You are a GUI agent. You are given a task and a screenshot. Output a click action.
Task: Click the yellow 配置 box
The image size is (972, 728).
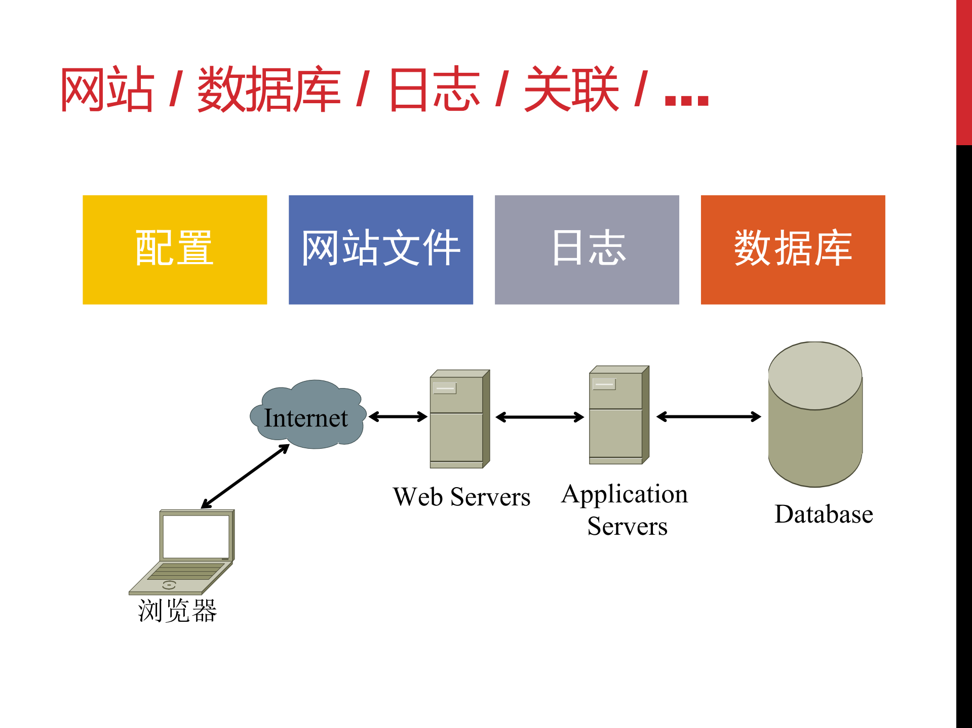[x=175, y=249]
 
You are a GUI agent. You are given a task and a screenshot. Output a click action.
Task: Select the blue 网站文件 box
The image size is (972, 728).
[x=380, y=249]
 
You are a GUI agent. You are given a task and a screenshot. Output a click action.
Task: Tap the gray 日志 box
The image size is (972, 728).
[x=587, y=249]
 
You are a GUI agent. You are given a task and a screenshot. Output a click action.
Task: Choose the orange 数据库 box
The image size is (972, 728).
[x=793, y=249]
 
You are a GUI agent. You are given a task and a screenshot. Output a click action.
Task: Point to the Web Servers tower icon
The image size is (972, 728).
[x=458, y=419]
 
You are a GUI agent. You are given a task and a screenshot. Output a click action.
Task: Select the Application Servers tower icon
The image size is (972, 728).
[x=617, y=415]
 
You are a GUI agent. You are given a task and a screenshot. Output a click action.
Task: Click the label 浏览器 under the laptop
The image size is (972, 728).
[x=177, y=611]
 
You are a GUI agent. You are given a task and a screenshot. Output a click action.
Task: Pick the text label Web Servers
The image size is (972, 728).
[x=461, y=497]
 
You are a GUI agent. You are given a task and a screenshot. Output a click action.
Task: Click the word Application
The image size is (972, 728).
[x=625, y=494]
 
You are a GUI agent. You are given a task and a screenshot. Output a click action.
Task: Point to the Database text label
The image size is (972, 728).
[x=824, y=515]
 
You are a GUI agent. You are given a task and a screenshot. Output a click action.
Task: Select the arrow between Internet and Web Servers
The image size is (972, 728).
[x=398, y=417]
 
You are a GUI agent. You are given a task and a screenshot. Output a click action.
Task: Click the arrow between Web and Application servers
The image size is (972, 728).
[x=540, y=417]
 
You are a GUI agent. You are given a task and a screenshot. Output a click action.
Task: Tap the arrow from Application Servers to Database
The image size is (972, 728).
[x=708, y=417]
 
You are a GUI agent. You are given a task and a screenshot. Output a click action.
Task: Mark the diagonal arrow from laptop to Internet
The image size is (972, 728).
[x=245, y=476]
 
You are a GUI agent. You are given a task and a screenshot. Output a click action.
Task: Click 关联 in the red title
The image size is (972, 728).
[x=571, y=90]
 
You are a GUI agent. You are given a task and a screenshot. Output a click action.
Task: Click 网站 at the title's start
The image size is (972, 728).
[x=107, y=90]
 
